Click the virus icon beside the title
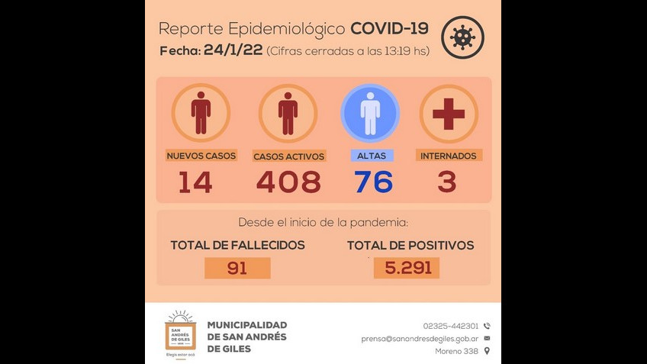click(462, 37)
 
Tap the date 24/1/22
click(233, 50)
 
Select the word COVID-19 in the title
click(389, 29)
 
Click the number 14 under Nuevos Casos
click(195, 182)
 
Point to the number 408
click(288, 182)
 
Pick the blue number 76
click(372, 182)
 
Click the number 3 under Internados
click(447, 182)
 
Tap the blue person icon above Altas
click(370, 113)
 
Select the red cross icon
click(449, 113)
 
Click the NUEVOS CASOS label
click(201, 156)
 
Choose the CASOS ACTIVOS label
click(289, 156)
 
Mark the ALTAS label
click(372, 156)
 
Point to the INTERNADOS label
click(449, 156)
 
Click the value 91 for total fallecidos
click(237, 268)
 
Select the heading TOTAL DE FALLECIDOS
click(237, 245)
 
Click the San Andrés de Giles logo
click(181, 333)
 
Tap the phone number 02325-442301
click(451, 326)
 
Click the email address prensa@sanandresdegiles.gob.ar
click(420, 339)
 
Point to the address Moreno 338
click(457, 351)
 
